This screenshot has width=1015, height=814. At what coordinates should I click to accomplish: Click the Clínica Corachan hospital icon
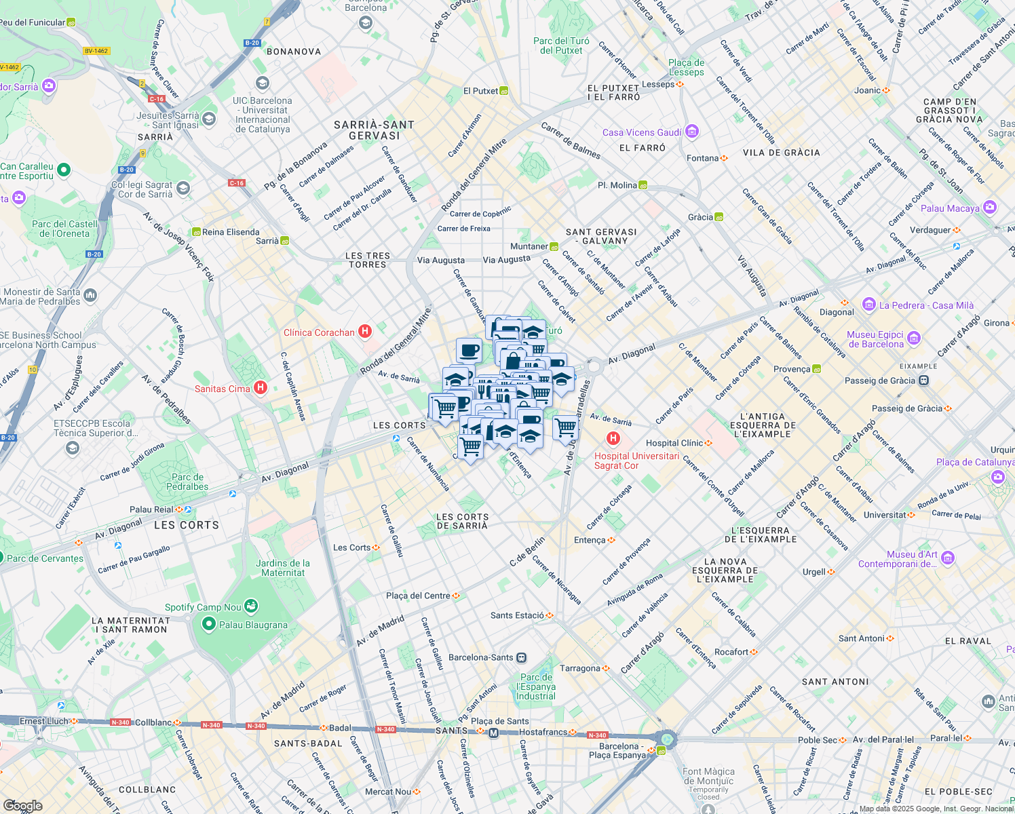365,332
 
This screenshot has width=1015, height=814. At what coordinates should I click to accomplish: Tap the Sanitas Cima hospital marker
261,388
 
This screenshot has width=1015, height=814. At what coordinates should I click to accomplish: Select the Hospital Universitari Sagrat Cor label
636,461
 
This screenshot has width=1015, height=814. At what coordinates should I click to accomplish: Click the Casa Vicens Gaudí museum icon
692,131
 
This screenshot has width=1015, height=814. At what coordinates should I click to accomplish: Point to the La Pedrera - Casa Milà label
926,305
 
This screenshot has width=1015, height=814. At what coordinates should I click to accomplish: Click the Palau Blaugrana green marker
209,624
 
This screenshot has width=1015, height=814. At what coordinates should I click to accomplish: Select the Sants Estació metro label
517,615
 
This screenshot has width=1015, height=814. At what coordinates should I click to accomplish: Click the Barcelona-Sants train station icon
521,657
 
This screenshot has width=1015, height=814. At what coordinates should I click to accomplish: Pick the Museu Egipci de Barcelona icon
914,338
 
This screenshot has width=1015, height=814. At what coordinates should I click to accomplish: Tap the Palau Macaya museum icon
990,208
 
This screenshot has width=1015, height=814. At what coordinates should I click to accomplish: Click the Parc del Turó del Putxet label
561,45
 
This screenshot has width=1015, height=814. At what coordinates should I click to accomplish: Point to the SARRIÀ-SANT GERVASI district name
374,130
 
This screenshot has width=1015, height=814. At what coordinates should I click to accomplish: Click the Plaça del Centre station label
418,596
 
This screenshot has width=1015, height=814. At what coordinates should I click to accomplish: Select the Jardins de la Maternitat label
283,568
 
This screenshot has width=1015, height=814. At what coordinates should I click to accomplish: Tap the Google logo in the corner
22,805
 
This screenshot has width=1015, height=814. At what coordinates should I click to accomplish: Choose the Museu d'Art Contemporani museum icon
948,558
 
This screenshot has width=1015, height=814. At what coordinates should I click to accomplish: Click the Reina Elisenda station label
231,232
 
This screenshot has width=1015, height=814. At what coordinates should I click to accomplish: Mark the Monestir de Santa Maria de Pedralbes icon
90,295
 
